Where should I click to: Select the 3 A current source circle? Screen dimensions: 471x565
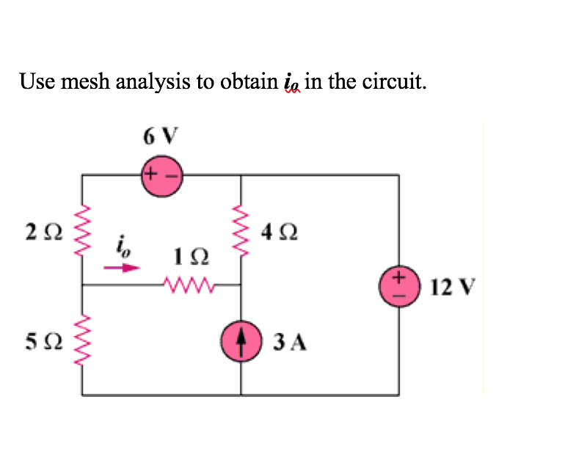point(241,341)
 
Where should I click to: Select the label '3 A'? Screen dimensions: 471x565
point(289,342)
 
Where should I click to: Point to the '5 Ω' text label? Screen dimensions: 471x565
point(38,342)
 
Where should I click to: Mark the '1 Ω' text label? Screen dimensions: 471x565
point(191,258)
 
